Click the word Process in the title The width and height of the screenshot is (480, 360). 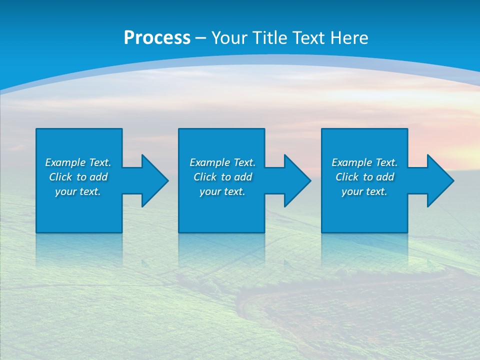point(157,38)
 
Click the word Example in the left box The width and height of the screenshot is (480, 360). point(66,162)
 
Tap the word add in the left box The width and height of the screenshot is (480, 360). point(98,177)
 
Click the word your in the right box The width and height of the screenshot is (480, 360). point(352,192)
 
